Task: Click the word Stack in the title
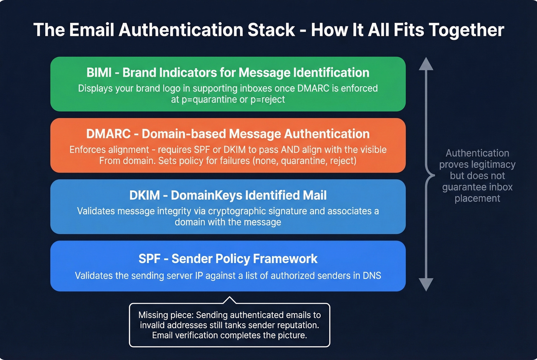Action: pos(271,30)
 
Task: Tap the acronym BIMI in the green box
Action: pos(99,72)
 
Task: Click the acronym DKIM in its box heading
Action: pos(145,195)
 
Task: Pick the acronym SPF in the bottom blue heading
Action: pos(150,259)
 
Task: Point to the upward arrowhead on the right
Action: pos(426,64)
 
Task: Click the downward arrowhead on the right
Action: pos(426,284)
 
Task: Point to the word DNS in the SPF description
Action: pos(372,276)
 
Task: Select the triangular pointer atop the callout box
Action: pos(229,299)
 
